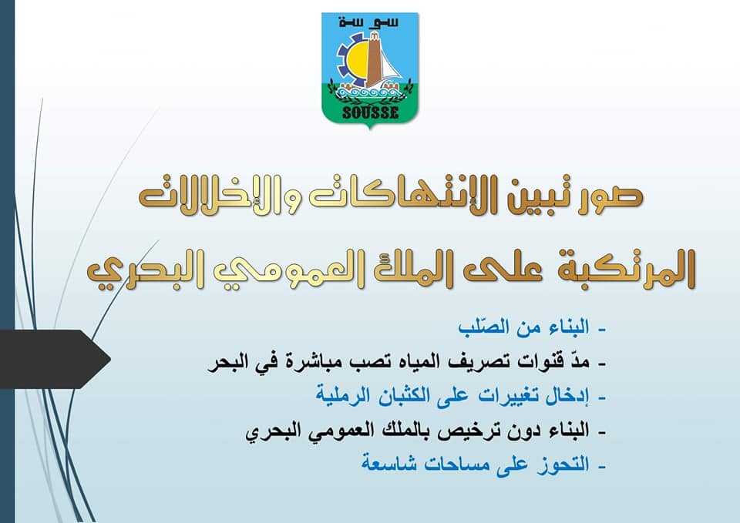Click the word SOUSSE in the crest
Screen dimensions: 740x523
(x=371, y=112)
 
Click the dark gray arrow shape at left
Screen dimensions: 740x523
(x=54, y=360)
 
